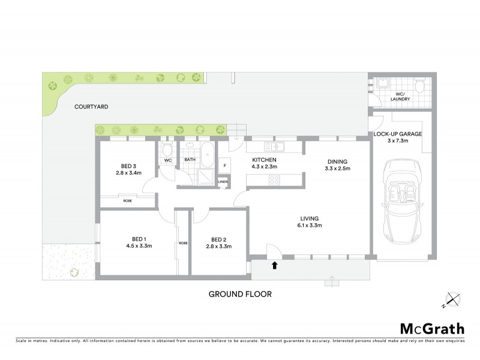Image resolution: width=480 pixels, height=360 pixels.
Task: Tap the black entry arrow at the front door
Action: [x=275, y=264]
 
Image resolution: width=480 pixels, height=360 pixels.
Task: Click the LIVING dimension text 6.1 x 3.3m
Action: [x=310, y=225]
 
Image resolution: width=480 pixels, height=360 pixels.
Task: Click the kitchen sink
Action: [x=277, y=146]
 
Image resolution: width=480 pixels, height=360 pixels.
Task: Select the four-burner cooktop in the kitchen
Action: [x=274, y=180]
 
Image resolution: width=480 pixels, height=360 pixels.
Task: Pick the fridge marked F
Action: [x=224, y=165]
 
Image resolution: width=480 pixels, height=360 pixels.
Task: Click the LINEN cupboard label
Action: [x=223, y=181]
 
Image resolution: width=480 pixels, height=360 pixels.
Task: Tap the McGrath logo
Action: [x=431, y=328]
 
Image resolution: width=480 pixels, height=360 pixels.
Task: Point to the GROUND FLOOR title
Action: [x=240, y=294]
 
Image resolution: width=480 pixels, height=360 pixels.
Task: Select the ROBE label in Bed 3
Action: [x=128, y=200]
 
